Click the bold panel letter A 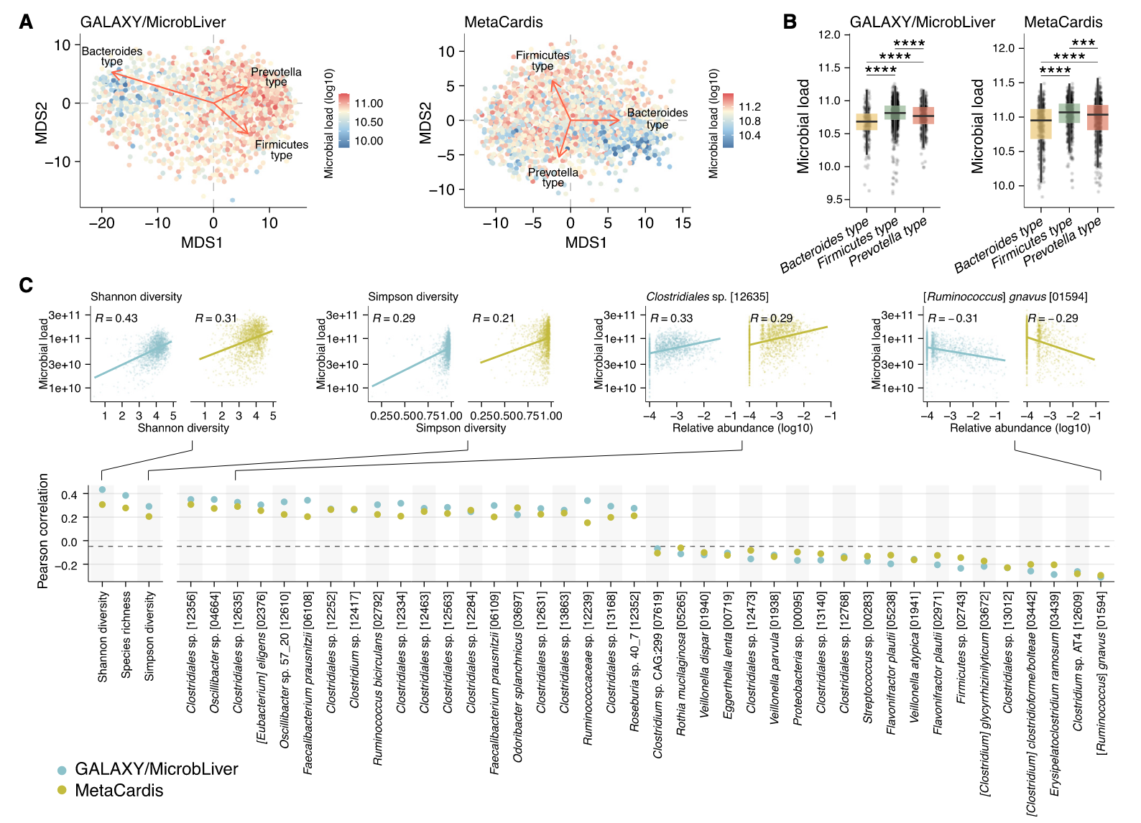pos(26,22)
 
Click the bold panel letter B pos(790,22)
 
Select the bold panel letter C pos(26,286)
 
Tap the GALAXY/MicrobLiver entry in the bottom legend pos(156,769)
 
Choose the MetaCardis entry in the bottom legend pos(119,791)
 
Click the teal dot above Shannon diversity pos(102,490)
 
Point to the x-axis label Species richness pos(126,635)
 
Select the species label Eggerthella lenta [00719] pos(727,655)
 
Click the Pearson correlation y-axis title pos(43,531)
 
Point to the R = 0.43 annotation pos(116,318)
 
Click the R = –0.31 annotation pos(953,318)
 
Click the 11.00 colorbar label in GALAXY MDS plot pos(369,103)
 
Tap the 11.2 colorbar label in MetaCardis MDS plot pos(749,106)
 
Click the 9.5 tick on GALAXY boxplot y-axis pos(833,200)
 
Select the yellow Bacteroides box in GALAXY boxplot pos(867,122)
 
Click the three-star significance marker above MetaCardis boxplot pos(1083,43)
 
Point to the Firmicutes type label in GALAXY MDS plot pos(281,149)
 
